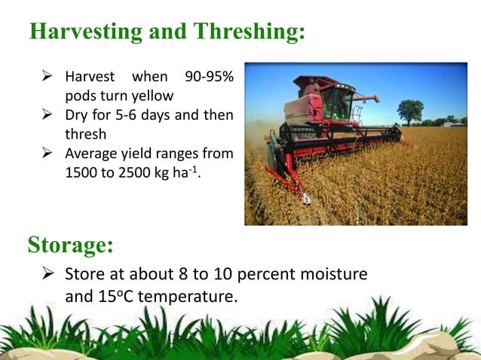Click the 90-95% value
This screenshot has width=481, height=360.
click(x=207, y=78)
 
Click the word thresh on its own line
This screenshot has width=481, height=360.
click(x=86, y=136)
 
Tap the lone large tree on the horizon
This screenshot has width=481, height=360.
click(x=409, y=111)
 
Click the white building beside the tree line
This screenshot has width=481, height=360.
click(x=450, y=123)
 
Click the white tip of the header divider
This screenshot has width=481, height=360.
click(x=306, y=200)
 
